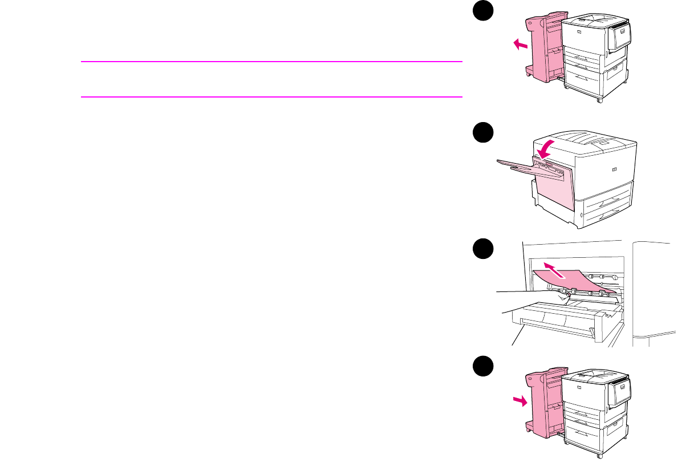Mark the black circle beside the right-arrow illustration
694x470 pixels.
[x=483, y=366]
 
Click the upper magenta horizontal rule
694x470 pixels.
[x=271, y=62]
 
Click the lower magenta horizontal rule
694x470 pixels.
[x=271, y=97]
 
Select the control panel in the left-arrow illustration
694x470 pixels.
[x=619, y=35]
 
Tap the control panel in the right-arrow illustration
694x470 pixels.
[x=620, y=391]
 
